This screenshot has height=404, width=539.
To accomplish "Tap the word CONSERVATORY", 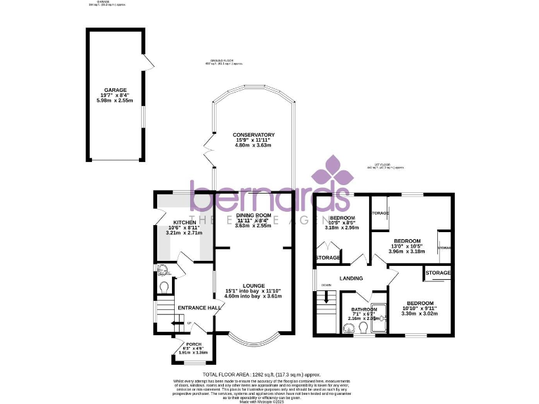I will (x=254, y=135).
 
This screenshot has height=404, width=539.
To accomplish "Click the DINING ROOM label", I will (x=253, y=215).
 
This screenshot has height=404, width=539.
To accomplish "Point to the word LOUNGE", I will (x=253, y=285).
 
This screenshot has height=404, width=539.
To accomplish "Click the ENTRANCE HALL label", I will (x=200, y=308).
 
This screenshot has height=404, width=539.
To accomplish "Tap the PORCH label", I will (x=193, y=344).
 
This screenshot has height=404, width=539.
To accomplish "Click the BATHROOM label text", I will (x=364, y=310).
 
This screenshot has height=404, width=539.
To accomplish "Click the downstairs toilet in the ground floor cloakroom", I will (x=164, y=287).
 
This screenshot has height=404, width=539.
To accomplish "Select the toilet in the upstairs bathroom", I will (x=349, y=326).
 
